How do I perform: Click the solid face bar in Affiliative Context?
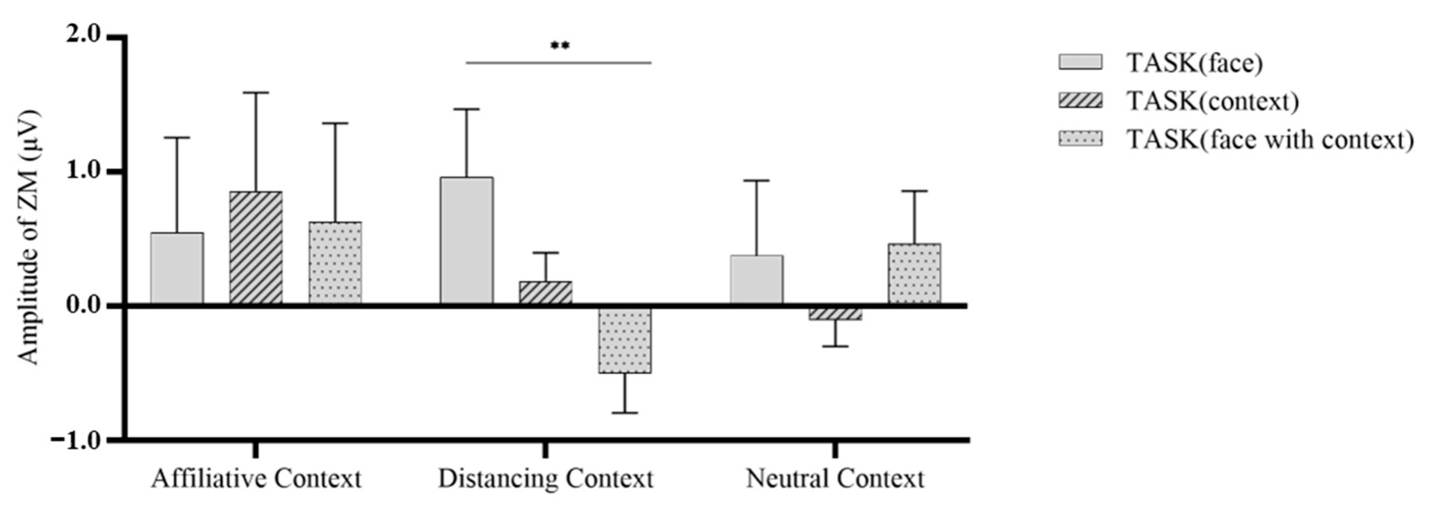point(177,268)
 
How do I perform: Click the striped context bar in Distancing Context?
point(545,293)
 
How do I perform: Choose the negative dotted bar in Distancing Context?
point(625,341)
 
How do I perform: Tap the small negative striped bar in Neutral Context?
point(835,314)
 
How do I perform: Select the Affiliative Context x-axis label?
point(256,479)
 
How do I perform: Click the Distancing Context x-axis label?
point(545,479)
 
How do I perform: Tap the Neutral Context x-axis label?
point(835,479)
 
